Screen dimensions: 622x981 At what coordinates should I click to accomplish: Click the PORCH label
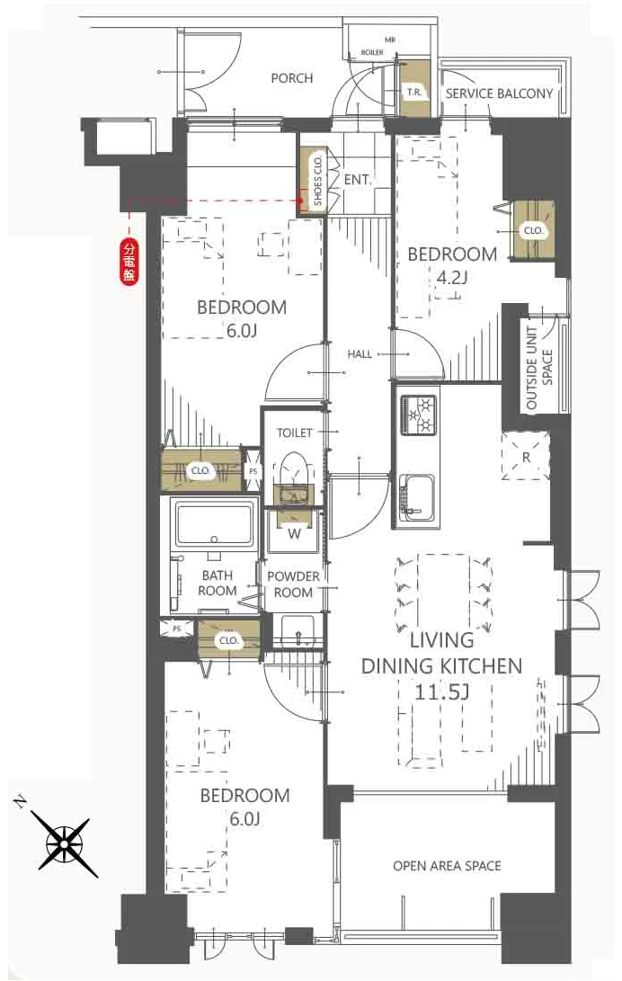pyautogui.click(x=292, y=78)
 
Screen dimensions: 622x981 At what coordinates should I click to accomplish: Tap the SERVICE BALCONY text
pyautogui.click(x=499, y=94)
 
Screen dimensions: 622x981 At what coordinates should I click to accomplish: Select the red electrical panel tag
pyautogui.click(x=129, y=263)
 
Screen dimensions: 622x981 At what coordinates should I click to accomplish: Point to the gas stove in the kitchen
pyautogui.click(x=417, y=415)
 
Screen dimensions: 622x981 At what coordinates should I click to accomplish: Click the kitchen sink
pyautogui.click(x=417, y=495)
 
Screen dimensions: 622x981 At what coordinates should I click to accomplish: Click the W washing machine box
pyautogui.click(x=294, y=532)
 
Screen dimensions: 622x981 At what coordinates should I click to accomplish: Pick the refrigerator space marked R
pyautogui.click(x=526, y=457)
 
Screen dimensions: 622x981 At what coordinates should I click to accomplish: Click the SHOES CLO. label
pyautogui.click(x=317, y=179)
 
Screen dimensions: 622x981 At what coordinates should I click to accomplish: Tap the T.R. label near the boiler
pyautogui.click(x=413, y=92)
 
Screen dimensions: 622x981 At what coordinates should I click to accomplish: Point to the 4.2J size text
pyautogui.click(x=452, y=278)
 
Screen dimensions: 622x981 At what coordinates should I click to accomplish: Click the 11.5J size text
pyautogui.click(x=441, y=691)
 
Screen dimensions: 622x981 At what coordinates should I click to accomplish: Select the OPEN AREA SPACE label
pyautogui.click(x=447, y=866)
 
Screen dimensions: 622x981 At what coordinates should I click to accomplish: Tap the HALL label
pyautogui.click(x=360, y=354)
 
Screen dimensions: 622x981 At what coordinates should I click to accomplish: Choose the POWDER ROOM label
pyautogui.click(x=293, y=584)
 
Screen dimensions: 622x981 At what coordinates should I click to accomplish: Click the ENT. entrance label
pyautogui.click(x=357, y=180)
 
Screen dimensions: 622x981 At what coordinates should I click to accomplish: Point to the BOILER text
pyautogui.click(x=373, y=52)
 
